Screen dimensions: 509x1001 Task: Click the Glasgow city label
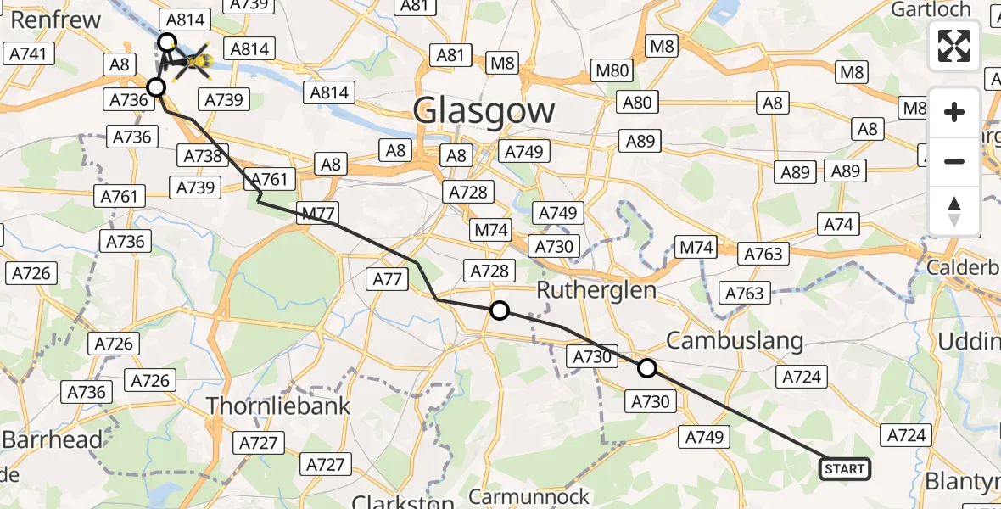(x=484, y=111)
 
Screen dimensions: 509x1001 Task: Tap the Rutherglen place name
(x=597, y=290)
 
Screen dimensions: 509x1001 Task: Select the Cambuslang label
(x=734, y=341)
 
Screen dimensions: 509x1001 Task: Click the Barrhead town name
(x=53, y=439)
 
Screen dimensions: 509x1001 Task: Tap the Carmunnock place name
(x=528, y=495)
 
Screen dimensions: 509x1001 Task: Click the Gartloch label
(x=931, y=9)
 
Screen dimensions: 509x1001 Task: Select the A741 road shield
(x=31, y=54)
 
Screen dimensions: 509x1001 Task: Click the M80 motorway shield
(x=611, y=70)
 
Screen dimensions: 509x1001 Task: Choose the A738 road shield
(x=202, y=156)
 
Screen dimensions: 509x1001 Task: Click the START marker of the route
(x=845, y=469)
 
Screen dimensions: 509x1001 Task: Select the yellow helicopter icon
(x=196, y=61)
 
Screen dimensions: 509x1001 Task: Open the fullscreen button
(x=954, y=46)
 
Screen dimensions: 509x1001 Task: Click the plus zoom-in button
(x=954, y=112)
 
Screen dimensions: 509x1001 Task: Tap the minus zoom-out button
(x=954, y=161)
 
